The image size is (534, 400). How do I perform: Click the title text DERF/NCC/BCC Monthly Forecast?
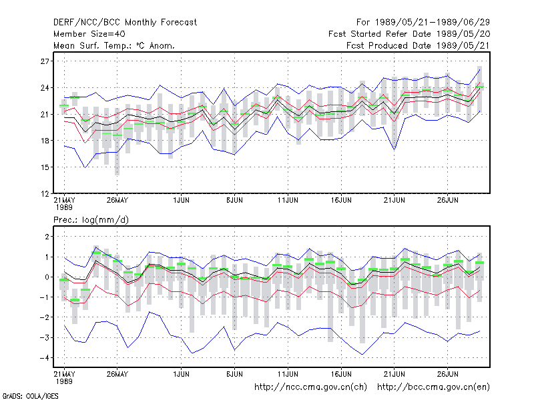coord(125,23)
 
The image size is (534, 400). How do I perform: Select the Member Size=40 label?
coord(89,34)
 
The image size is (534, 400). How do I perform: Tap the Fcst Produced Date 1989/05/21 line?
coord(418,45)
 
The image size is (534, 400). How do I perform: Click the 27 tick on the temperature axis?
coord(45,61)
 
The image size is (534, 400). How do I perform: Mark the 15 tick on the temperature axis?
coord(45,167)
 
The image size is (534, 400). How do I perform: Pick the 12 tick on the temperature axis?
coord(45,194)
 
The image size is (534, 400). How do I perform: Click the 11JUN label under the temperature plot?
coord(288,201)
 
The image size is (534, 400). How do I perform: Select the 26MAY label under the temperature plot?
coord(117,201)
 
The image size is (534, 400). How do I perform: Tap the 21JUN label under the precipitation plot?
coord(394,374)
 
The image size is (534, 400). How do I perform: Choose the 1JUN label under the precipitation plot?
coord(181,374)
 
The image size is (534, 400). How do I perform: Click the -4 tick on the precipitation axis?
coord(45,358)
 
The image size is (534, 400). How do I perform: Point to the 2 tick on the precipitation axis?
coord(47,237)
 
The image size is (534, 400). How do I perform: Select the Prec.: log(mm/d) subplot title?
coord(91,220)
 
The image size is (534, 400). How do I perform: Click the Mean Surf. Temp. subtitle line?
coord(113,45)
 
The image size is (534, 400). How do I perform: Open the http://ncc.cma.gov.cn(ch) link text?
coord(310,387)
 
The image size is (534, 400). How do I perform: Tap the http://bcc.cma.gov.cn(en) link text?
coord(433,387)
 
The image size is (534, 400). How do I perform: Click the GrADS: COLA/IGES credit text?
coord(30,396)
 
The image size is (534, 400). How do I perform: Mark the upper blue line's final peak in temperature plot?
coord(479,70)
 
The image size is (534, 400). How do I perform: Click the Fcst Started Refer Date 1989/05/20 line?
coord(409,34)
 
